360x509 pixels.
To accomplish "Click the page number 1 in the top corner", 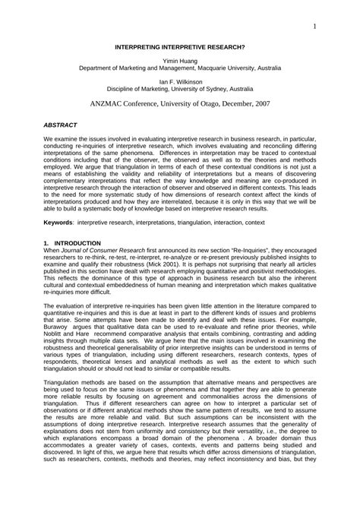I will coord(313,27).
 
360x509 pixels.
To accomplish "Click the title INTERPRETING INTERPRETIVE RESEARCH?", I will coord(180,46).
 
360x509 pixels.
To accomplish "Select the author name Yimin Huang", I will coord(180,59).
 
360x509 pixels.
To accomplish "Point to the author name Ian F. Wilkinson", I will coord(180,80).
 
